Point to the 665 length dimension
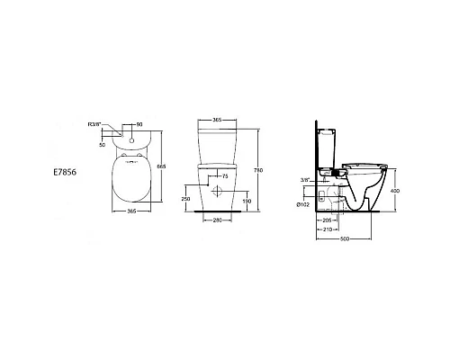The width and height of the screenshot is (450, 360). (161, 166)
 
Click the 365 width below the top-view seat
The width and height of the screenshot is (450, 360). (132, 211)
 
